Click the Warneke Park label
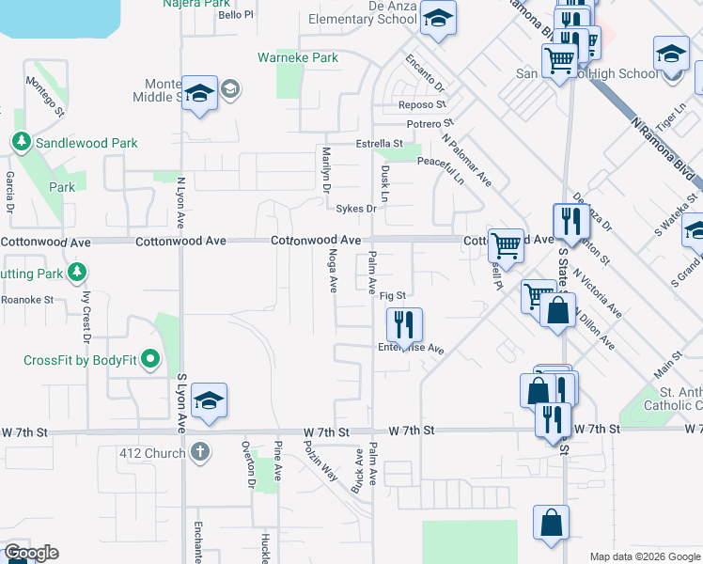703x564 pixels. (x=298, y=57)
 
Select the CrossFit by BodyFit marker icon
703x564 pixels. (x=148, y=359)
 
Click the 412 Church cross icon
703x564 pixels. (x=198, y=453)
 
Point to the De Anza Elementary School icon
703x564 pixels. (x=437, y=20)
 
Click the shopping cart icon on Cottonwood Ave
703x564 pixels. (x=506, y=246)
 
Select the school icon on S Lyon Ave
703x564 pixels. (x=208, y=401)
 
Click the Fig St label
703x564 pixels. (x=391, y=296)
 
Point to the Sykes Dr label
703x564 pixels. (x=357, y=209)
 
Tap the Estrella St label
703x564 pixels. (x=379, y=144)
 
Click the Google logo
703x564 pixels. (x=30, y=553)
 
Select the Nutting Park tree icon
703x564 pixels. (x=77, y=273)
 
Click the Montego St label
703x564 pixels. (x=44, y=97)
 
